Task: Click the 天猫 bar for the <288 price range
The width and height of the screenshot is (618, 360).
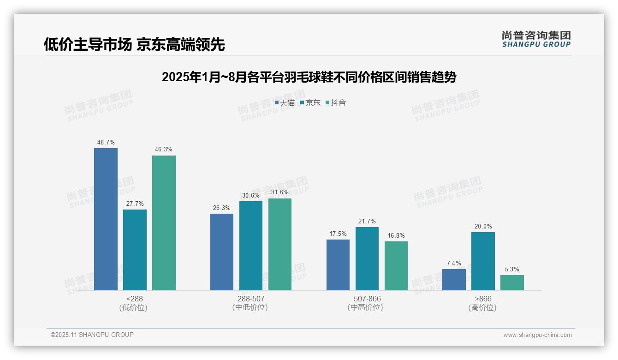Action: pyautogui.click(x=106, y=219)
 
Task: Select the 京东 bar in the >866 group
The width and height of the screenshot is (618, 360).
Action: pyautogui.click(x=483, y=261)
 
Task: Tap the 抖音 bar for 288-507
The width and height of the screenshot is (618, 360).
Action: pyautogui.click(x=280, y=244)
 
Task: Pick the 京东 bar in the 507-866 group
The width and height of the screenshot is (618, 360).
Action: pyautogui.click(x=367, y=258)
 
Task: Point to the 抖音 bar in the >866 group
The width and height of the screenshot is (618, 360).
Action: pyautogui.click(x=512, y=282)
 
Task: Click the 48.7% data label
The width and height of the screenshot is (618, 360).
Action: pyautogui.click(x=106, y=142)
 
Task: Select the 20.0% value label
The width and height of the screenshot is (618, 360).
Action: pyautogui.click(x=483, y=227)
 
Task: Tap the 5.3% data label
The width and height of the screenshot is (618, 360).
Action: pyautogui.click(x=512, y=269)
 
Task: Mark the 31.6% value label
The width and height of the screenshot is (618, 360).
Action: pyautogui.click(x=280, y=192)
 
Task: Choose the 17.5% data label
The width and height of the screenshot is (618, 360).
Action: pyautogui.click(x=338, y=234)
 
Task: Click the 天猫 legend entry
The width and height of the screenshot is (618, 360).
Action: pyautogui.click(x=285, y=103)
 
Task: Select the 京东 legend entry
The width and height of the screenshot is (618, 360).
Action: pyautogui.click(x=310, y=103)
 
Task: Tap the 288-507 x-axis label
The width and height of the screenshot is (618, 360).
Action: pyautogui.click(x=251, y=299)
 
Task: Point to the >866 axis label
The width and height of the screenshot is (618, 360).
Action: pyautogui.click(x=483, y=299)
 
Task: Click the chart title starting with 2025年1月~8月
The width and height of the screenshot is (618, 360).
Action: pyautogui.click(x=309, y=77)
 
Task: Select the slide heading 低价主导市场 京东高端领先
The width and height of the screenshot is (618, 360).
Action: pyautogui.click(x=134, y=45)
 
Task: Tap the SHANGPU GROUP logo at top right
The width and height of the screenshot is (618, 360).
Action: pyautogui.click(x=536, y=39)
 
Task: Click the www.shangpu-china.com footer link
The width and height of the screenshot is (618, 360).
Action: pyautogui.click(x=537, y=335)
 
